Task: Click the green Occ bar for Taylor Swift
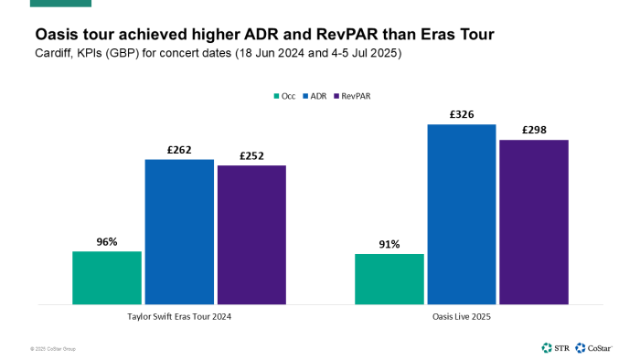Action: tap(107, 278)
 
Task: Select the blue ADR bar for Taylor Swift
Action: tap(179, 232)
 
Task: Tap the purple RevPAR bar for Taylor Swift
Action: tap(251, 235)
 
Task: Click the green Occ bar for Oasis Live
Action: tap(389, 279)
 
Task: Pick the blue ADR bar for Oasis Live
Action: tap(462, 215)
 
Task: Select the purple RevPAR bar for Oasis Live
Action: tap(534, 222)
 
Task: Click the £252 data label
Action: tap(251, 156)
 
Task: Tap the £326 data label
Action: tap(462, 115)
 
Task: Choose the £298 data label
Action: tap(534, 131)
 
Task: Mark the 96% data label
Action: tap(107, 242)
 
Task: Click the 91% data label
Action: tap(389, 244)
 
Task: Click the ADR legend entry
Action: tap(315, 95)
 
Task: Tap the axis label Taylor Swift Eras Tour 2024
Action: tap(179, 316)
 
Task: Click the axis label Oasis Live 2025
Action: tap(462, 316)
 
